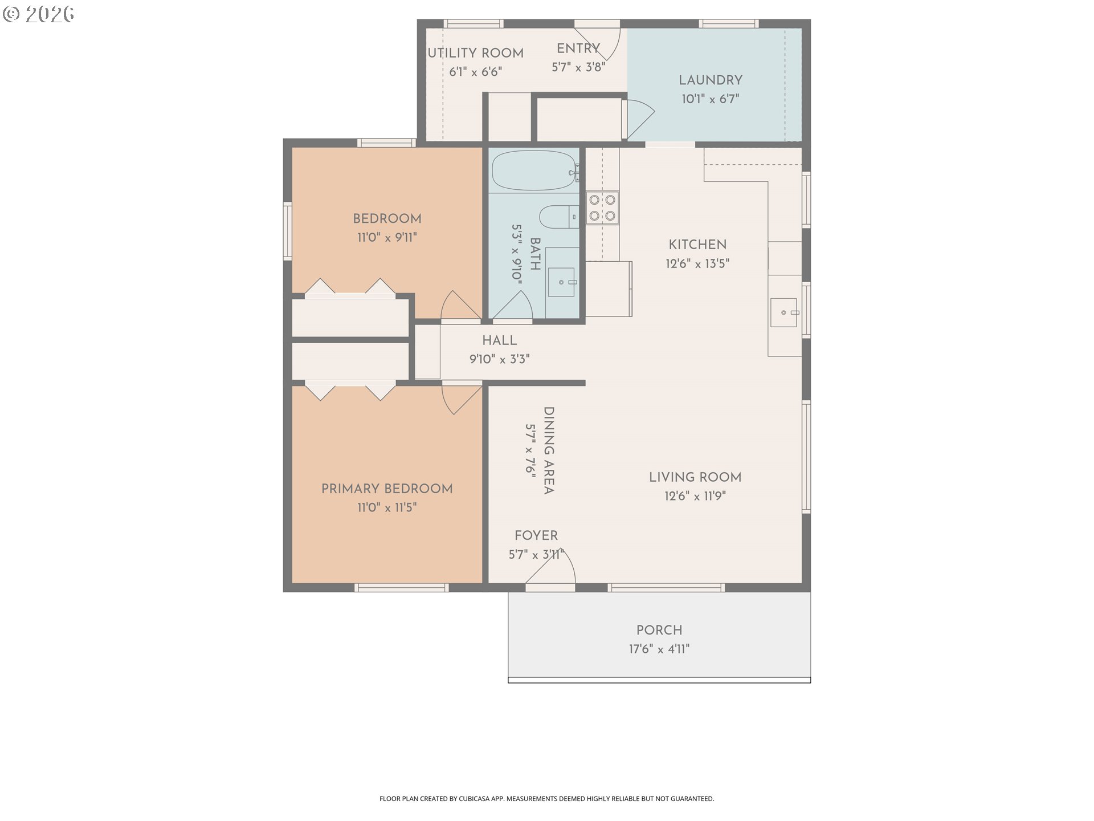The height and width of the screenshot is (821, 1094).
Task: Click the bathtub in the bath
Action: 533,170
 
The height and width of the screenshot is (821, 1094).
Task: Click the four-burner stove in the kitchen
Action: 602,208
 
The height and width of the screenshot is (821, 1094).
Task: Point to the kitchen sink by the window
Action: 783,312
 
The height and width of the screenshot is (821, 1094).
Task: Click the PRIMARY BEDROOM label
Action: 387,489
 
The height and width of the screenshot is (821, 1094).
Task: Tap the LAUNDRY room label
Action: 710,80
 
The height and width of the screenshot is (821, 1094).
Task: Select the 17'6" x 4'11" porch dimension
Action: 659,649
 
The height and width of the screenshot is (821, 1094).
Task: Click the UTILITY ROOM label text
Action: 475,53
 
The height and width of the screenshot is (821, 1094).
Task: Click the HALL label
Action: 499,340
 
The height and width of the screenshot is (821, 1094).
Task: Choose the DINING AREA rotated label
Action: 548,450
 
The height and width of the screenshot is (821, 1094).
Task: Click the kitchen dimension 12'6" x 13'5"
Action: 697,263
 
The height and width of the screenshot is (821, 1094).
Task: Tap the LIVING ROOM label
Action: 695,477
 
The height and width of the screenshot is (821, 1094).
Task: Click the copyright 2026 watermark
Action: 39,14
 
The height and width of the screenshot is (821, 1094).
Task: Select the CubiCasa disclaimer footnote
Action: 546,799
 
